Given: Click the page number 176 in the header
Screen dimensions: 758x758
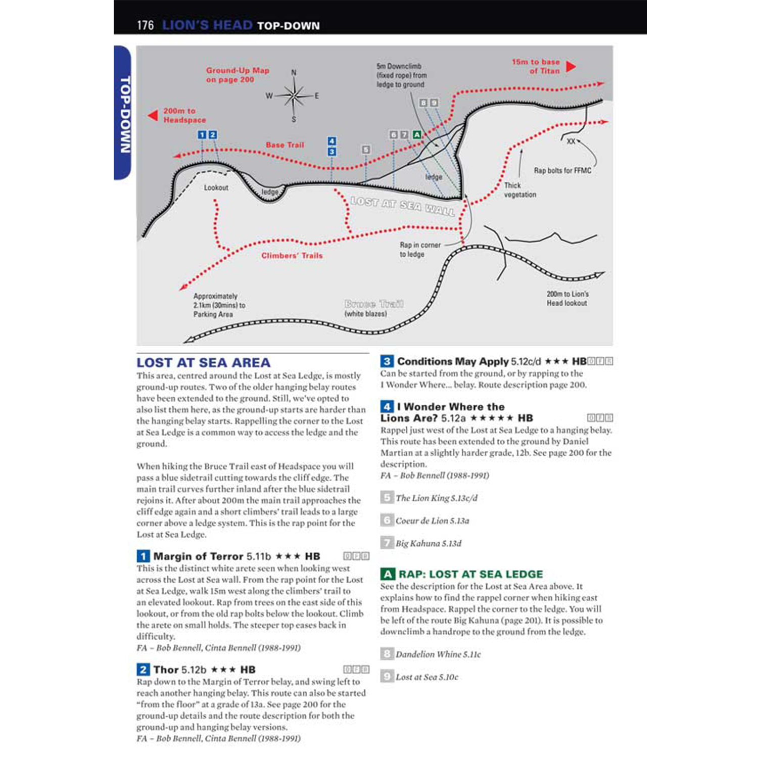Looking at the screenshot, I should point(145,25).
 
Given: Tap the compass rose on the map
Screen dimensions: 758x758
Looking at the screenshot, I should point(294,96).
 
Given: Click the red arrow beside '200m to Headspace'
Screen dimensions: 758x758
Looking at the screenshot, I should point(153,116).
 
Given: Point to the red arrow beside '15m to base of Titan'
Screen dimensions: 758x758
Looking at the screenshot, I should point(571,67).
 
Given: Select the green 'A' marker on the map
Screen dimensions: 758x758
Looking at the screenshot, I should point(417,135).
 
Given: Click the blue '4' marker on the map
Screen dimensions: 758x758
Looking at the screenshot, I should point(331,141).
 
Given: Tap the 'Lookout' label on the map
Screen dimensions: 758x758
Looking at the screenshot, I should point(216,187).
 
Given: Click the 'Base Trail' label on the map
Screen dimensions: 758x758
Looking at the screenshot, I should point(285,145).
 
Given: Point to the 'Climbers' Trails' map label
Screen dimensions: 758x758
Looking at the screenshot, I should point(292,256).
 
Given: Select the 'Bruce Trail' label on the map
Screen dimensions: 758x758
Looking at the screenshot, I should point(373,304).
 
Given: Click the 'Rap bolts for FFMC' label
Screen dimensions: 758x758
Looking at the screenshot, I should point(562,171).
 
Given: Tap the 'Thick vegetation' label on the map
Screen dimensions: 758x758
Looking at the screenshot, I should point(519,190).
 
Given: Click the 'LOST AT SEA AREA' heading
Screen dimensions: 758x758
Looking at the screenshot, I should point(203,363).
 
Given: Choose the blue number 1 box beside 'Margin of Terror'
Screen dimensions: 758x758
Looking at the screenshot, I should point(143,556).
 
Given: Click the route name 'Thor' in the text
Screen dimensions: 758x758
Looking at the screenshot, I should point(166,670).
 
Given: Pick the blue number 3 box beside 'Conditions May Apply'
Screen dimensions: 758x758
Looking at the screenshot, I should point(387,361).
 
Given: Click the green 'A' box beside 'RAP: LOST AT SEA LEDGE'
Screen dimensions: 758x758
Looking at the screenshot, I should point(387,574).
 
